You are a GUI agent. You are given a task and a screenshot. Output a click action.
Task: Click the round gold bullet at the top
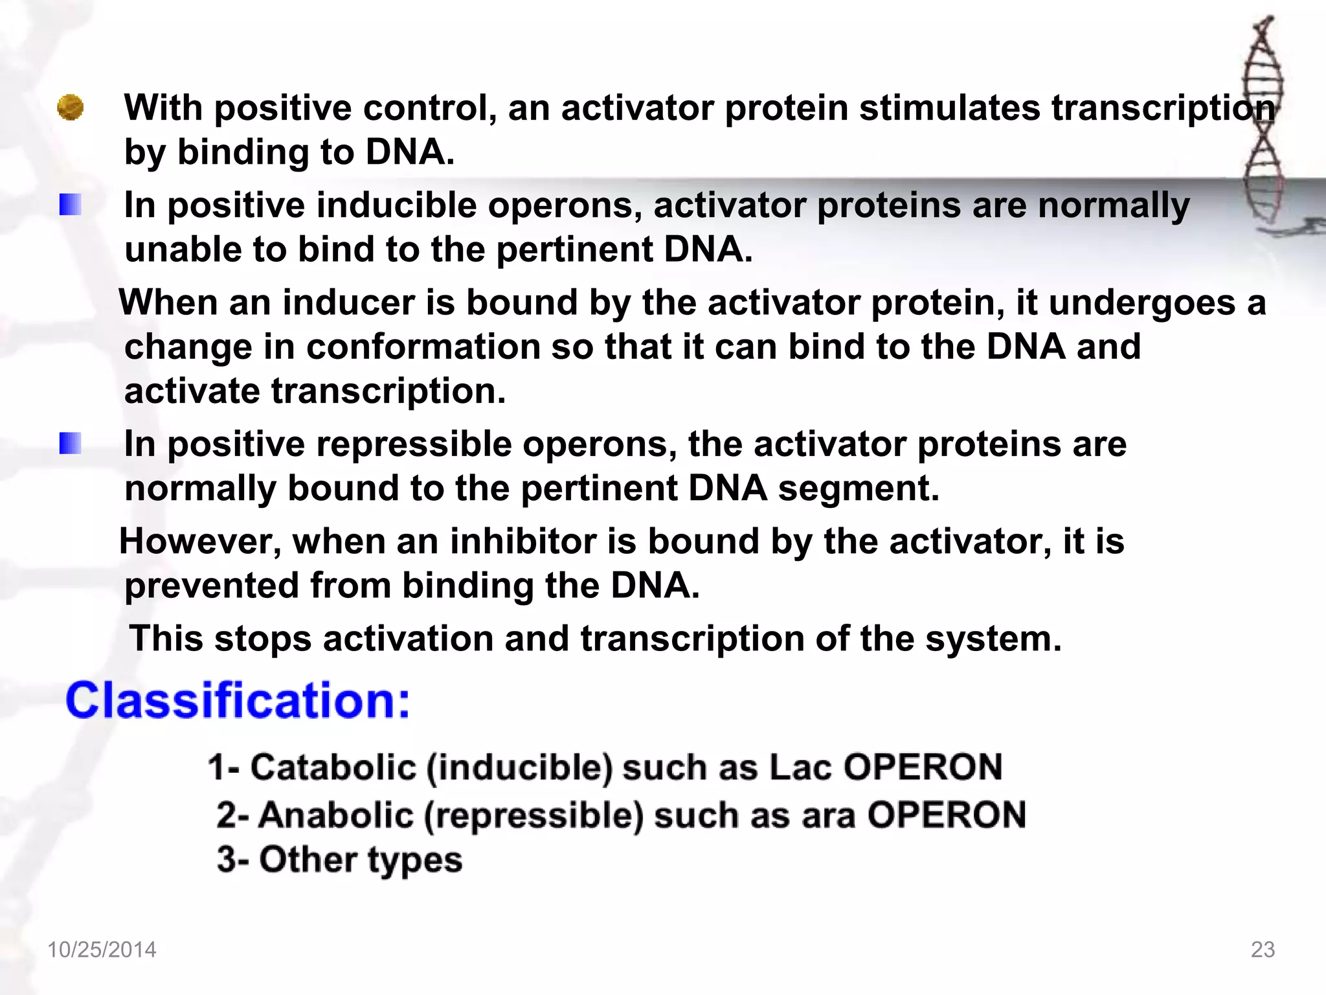[70, 108]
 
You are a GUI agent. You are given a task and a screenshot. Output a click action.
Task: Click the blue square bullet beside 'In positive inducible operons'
[70, 205]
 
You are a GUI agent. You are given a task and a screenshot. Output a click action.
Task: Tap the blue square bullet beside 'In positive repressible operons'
[70, 444]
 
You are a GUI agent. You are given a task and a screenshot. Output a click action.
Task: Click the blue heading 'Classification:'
[238, 701]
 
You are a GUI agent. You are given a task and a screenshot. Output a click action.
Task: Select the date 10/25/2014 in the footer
[102, 950]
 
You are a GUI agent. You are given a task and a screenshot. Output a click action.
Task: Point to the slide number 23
[1263, 950]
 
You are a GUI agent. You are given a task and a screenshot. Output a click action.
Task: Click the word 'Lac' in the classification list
[800, 768]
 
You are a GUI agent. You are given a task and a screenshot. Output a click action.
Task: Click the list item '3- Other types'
[340, 860]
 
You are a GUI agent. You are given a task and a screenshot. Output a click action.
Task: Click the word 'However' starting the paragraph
[200, 542]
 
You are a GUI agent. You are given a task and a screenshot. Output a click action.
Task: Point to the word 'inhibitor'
[523, 542]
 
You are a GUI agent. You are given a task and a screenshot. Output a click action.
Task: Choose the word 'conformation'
[423, 347]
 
